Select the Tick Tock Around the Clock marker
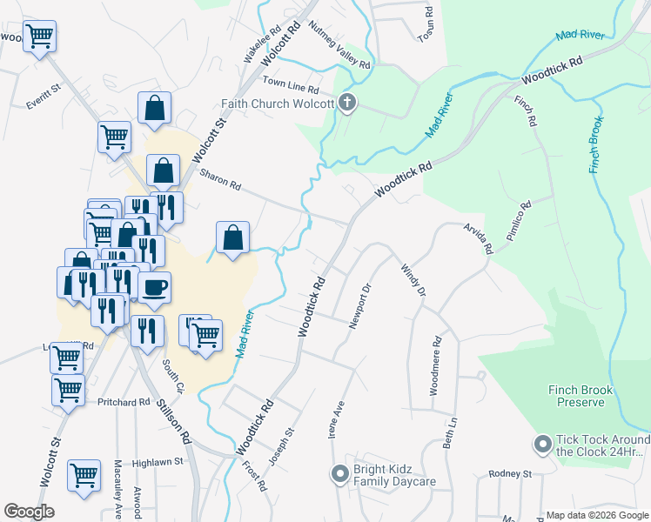[x=542, y=445]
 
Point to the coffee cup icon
[x=155, y=286]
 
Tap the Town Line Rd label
[x=291, y=89]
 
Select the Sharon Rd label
[x=220, y=179]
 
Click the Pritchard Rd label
[x=124, y=403]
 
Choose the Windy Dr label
[x=413, y=280]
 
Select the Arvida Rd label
[x=478, y=237]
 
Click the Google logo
[x=29, y=512]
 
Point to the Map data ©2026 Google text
[x=596, y=515]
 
